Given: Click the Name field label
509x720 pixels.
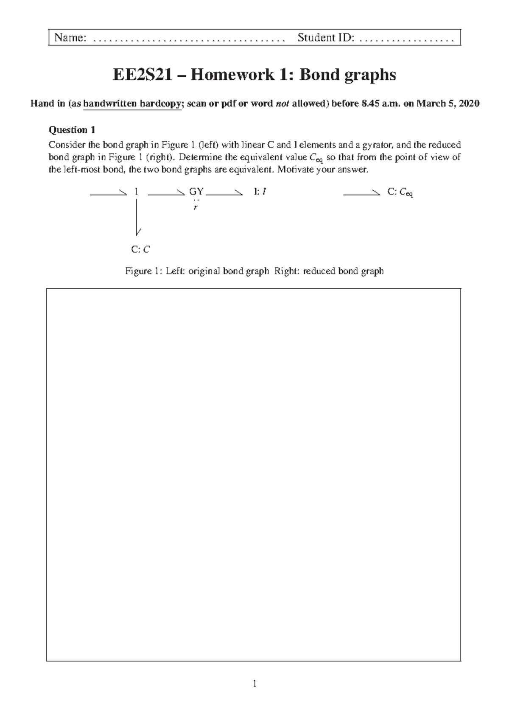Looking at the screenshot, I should click(x=70, y=38).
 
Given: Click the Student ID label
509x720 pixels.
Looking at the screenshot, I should click(x=325, y=38).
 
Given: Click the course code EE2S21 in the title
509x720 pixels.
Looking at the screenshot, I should click(x=142, y=75).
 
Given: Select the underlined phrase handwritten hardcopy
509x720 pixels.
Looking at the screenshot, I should click(x=132, y=104).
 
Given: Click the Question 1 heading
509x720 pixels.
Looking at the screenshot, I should click(x=72, y=130).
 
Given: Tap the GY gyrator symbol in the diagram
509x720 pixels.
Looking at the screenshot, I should click(x=196, y=192).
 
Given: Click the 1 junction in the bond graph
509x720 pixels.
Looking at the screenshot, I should click(x=136, y=192).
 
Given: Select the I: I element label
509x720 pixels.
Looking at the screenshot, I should click(x=260, y=192).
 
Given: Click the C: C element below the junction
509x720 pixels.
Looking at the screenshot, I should click(x=140, y=249).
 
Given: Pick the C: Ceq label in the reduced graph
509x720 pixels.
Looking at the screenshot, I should click(x=400, y=193).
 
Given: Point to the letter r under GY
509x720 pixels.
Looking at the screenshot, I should click(x=196, y=208).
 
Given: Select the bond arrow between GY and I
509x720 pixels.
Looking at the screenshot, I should click(x=224, y=194).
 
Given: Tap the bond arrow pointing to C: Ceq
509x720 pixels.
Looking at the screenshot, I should click(x=361, y=194).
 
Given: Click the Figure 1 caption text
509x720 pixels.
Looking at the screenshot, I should click(x=254, y=271).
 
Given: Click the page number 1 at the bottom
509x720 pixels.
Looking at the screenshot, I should click(x=254, y=684).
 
